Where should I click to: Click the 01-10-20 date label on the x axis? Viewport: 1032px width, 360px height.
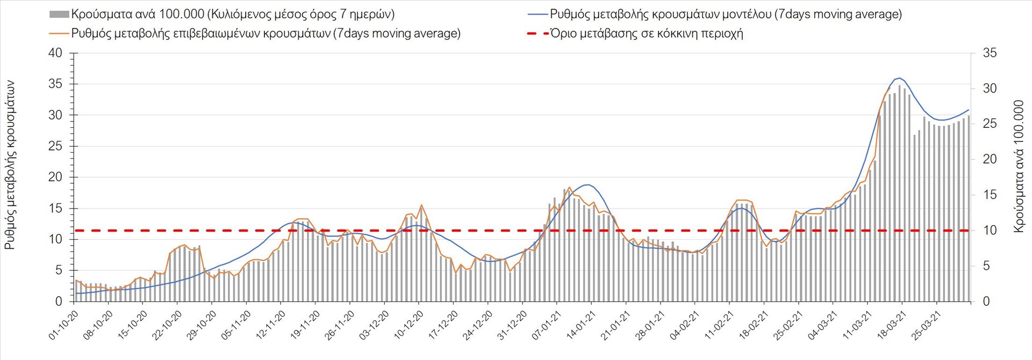point(64,325)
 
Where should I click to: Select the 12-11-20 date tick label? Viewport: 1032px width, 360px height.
point(271,325)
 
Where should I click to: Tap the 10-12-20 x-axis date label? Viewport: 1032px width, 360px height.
point(409,325)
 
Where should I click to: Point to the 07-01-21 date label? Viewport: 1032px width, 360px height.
point(547,325)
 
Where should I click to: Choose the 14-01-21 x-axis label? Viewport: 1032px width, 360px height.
point(581,325)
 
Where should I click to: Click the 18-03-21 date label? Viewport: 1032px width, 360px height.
point(892,325)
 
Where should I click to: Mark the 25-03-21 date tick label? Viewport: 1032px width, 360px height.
point(926,325)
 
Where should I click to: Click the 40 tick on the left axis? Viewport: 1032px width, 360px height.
point(55,53)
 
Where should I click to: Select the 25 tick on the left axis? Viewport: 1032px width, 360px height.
point(55,146)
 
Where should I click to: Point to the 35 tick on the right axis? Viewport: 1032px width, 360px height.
point(990,53)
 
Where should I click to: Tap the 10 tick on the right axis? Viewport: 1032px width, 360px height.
point(990,231)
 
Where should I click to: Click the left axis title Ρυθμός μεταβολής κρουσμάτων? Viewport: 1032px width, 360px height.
point(10,165)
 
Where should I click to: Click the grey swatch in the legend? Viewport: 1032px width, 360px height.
point(59,15)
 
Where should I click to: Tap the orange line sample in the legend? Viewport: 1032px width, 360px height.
point(59,33)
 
